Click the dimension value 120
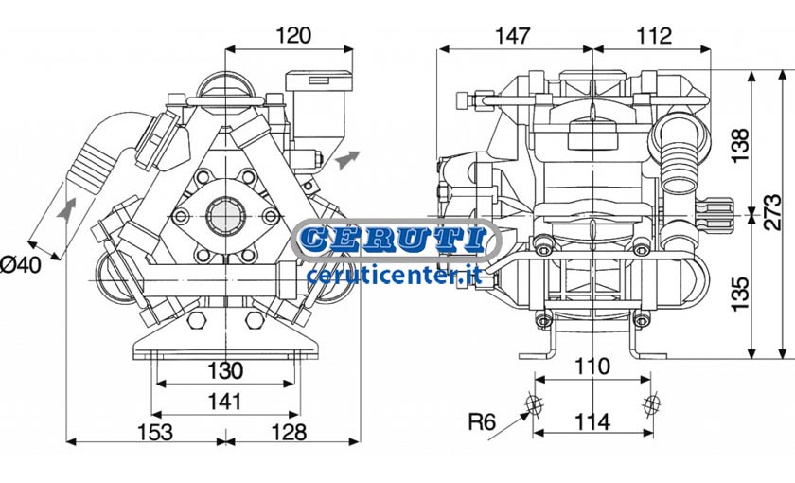(293, 36)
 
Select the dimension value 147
(512, 36)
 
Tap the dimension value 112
(654, 36)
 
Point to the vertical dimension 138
(740, 145)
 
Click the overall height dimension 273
(774, 212)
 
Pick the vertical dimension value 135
(740, 294)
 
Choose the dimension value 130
(225, 370)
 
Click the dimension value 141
(225, 402)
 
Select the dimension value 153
(155, 432)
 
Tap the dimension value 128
(289, 432)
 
